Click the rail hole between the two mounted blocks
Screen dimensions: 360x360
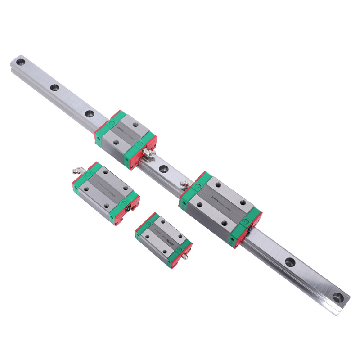point(163,169)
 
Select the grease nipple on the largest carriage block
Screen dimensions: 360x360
point(184,183)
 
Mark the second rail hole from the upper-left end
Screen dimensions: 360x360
point(54,88)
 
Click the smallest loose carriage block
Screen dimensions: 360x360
point(163,240)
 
